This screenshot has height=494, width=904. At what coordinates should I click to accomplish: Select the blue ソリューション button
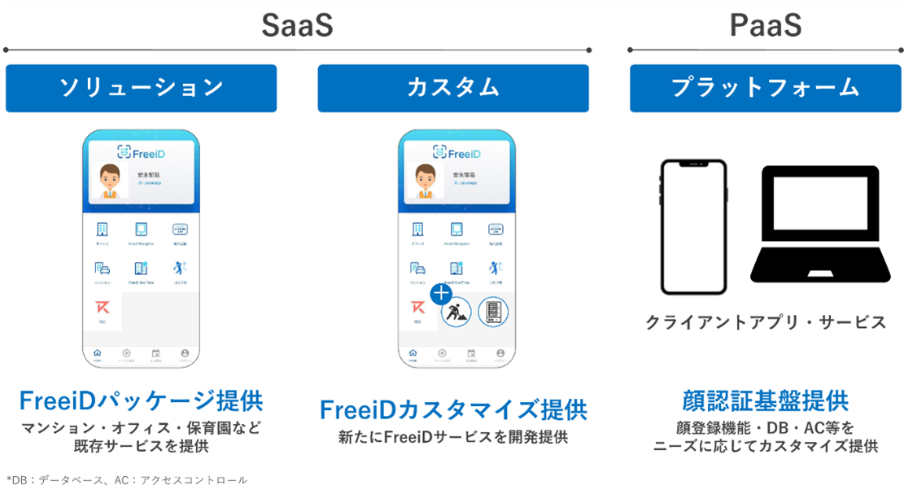click(141, 88)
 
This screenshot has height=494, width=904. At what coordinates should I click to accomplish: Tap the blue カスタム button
click(452, 88)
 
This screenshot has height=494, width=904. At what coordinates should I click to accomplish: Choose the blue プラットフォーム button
click(765, 88)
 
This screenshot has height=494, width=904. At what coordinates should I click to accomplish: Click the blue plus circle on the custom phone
click(441, 294)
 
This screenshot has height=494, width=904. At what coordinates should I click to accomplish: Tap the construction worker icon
click(455, 313)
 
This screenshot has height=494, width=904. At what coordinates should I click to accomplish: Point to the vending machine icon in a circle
click(492, 312)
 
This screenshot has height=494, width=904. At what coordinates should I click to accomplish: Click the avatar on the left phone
click(108, 181)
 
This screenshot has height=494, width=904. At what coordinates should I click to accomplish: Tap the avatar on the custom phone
click(424, 181)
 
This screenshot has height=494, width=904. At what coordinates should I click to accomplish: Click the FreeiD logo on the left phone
click(141, 153)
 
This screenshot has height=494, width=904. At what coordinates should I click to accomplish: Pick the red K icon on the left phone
click(103, 309)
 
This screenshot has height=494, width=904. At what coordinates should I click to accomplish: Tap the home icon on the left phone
click(98, 354)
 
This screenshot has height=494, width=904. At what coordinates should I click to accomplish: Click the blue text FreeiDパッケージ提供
click(141, 401)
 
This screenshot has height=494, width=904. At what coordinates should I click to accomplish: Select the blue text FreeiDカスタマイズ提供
click(453, 408)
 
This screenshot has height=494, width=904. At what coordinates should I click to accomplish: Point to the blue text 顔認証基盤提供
click(765, 400)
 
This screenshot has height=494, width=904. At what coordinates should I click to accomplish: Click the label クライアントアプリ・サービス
click(765, 323)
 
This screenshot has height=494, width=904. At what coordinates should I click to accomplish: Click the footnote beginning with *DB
click(126, 480)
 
